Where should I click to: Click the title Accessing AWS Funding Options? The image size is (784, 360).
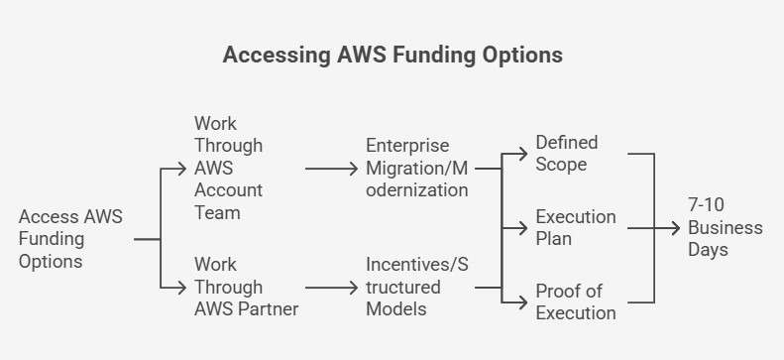(x=392, y=55)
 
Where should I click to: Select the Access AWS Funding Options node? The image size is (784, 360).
(x=70, y=239)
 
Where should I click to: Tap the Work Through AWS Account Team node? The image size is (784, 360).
(x=229, y=168)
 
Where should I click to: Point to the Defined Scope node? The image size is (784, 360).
(x=567, y=155)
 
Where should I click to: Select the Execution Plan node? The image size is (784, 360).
(x=576, y=228)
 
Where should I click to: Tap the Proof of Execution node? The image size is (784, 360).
(x=576, y=301)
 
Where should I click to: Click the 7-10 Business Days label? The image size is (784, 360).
(x=726, y=227)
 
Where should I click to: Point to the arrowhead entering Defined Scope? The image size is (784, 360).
(x=525, y=155)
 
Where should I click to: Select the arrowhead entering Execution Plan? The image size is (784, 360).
(x=525, y=228)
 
